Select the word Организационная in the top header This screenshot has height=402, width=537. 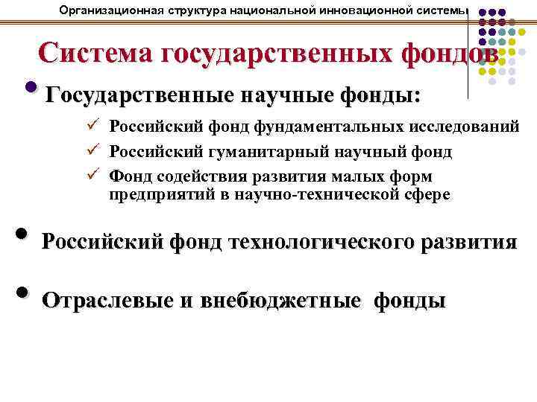[x=107, y=10]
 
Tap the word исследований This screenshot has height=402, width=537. [x=462, y=127]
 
